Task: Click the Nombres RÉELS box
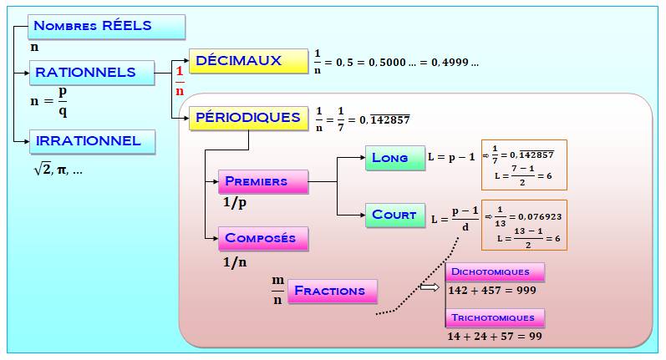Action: [x=106, y=26]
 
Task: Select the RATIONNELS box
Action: [x=92, y=73]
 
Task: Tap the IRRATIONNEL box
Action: [x=92, y=141]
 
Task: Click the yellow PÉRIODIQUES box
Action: [x=247, y=118]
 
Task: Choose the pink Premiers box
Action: [x=262, y=181]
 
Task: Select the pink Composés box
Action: [x=262, y=238]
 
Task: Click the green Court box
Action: [x=394, y=215]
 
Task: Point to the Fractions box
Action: [x=332, y=292]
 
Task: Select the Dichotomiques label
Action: [x=496, y=272]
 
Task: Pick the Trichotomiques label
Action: [x=496, y=318]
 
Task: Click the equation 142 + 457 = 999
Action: [x=492, y=291]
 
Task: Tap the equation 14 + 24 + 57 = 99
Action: [x=496, y=336]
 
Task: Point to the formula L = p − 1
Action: [x=451, y=157]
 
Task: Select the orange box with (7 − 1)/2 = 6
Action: [x=524, y=165]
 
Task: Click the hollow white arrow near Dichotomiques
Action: [x=430, y=287]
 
